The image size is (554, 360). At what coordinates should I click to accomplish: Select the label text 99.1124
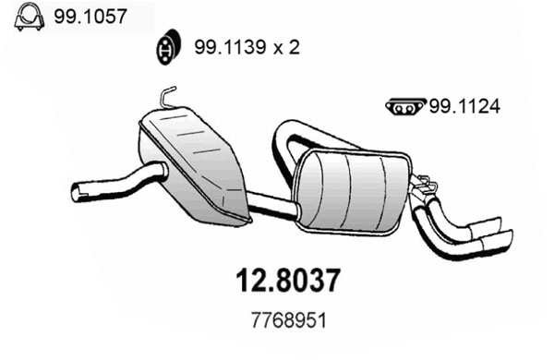click(x=464, y=107)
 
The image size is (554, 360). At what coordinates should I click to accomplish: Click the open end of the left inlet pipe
click(x=78, y=193)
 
